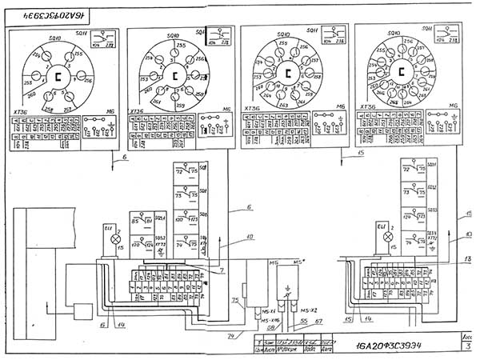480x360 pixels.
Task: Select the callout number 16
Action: point(102,325)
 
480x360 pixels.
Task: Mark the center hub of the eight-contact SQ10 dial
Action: point(172,78)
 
